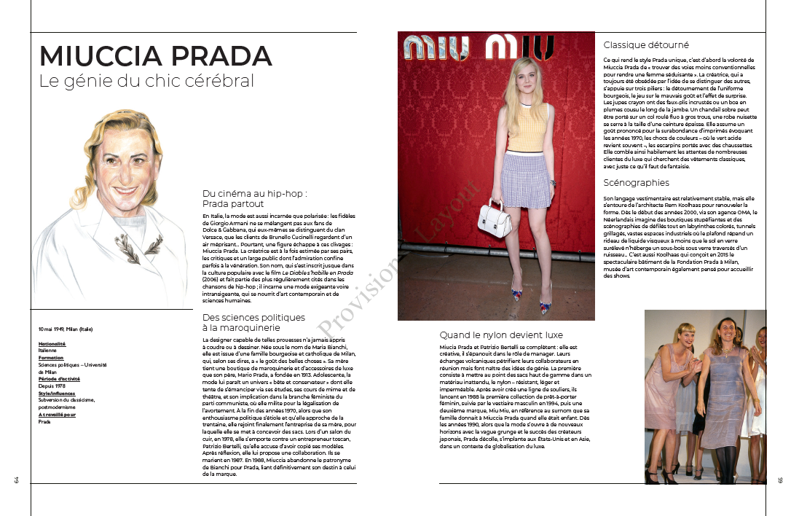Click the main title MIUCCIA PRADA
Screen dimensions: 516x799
pos(155,57)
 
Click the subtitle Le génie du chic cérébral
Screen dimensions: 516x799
pos(146,81)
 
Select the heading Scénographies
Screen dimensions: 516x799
pos(636,182)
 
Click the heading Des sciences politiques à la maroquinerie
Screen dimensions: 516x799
pos(253,322)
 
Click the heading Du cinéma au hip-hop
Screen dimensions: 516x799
pos(254,198)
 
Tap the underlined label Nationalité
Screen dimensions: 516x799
pos(52,343)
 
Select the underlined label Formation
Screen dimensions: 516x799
pos(51,358)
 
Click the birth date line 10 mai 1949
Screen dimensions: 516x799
pos(66,329)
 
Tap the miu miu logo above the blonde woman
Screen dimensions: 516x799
pos(478,47)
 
